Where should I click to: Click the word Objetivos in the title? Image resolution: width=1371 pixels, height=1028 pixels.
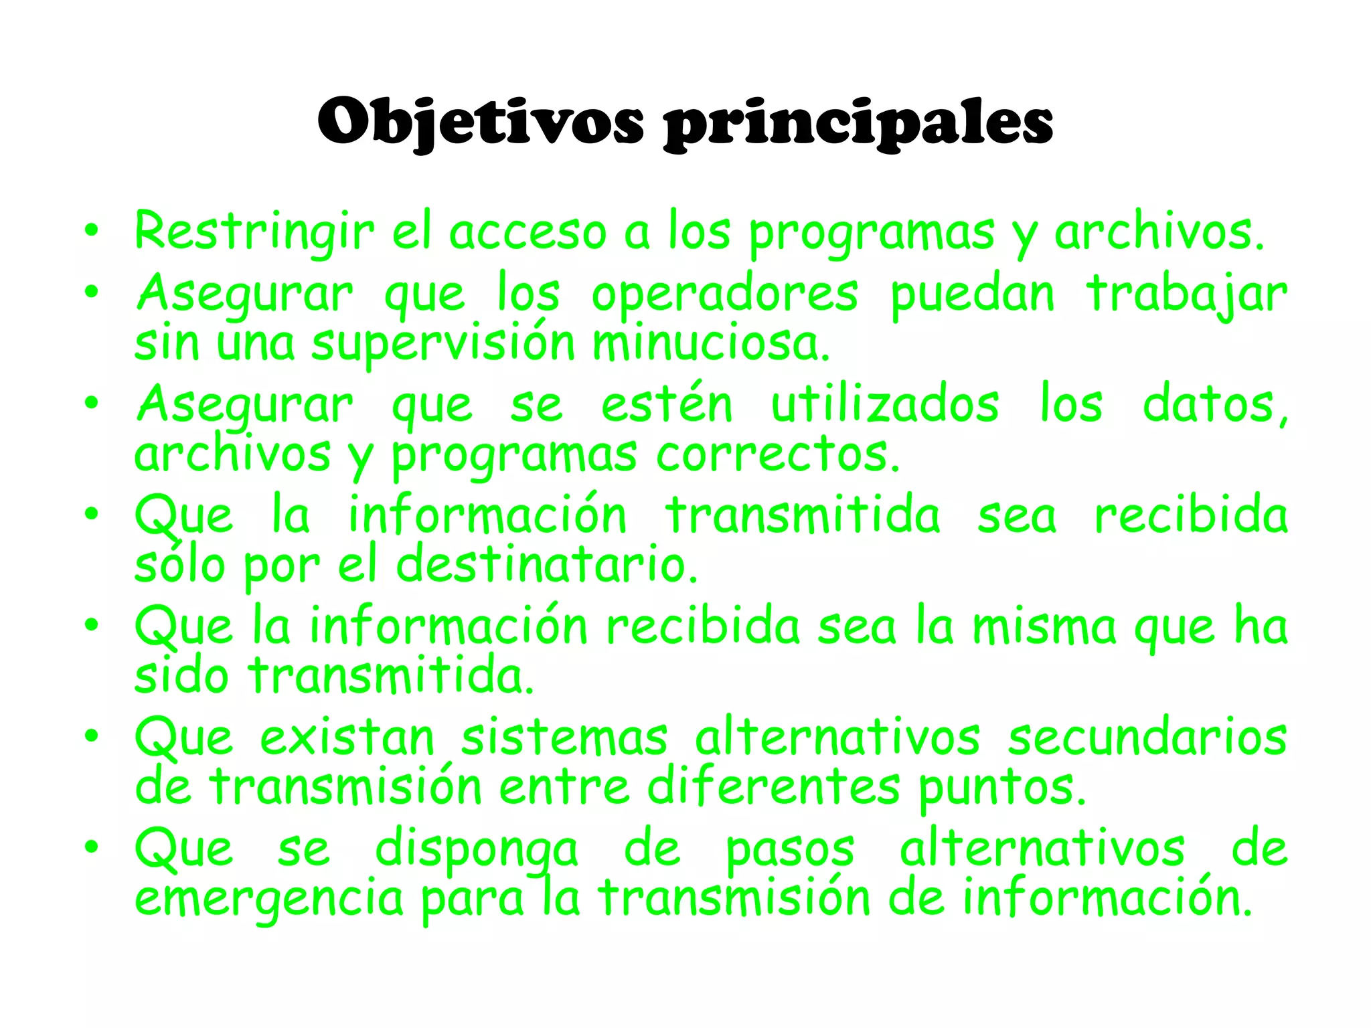[481, 122]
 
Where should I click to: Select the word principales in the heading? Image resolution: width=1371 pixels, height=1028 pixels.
[858, 122]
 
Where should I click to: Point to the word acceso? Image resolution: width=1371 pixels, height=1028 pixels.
[528, 232]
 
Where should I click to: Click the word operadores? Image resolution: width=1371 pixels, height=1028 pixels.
[724, 294]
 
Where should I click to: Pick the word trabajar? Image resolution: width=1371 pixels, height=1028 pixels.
[1186, 294]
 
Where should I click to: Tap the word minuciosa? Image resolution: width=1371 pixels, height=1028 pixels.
[711, 343]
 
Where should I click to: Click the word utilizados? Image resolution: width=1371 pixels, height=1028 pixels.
[885, 405]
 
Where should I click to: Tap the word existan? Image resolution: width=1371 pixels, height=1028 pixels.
[347, 738]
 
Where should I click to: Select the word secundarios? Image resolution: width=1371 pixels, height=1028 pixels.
[1147, 738]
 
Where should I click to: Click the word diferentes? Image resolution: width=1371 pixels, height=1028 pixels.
[773, 787]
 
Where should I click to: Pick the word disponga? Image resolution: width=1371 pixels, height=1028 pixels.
[476, 850]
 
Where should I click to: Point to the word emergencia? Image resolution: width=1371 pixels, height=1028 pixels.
[269, 899]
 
